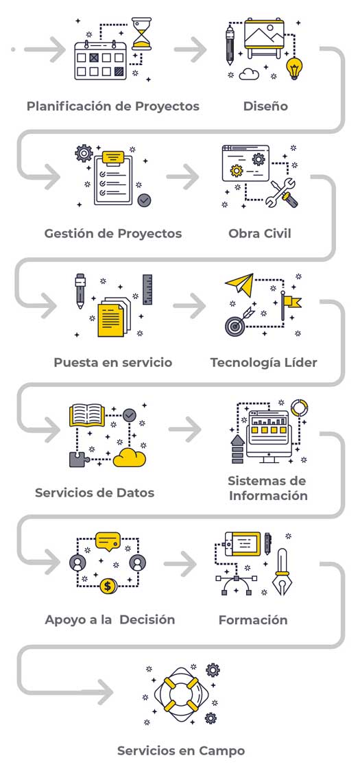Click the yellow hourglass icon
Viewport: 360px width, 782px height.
click(142, 34)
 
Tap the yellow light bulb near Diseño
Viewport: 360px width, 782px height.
click(295, 68)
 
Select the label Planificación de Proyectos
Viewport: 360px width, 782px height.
click(113, 106)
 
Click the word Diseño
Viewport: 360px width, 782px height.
click(265, 106)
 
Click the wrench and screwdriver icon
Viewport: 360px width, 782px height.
click(283, 193)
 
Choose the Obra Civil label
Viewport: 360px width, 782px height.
click(260, 233)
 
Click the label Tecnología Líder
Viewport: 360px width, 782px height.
click(263, 362)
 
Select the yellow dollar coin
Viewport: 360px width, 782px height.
click(108, 586)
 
